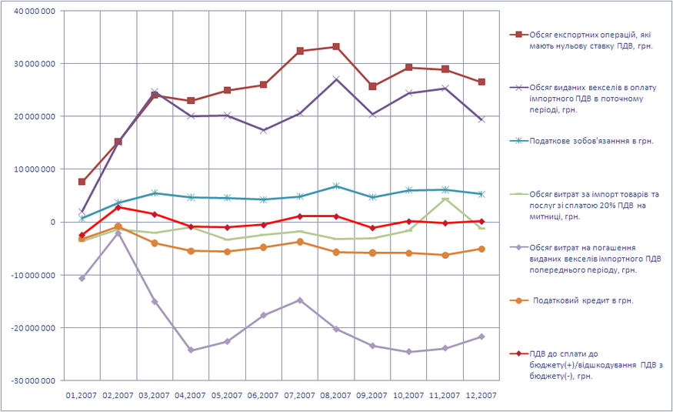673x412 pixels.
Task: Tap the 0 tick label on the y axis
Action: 52,223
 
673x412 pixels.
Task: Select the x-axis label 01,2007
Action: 82,395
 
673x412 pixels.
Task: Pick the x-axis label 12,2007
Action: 481,395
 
